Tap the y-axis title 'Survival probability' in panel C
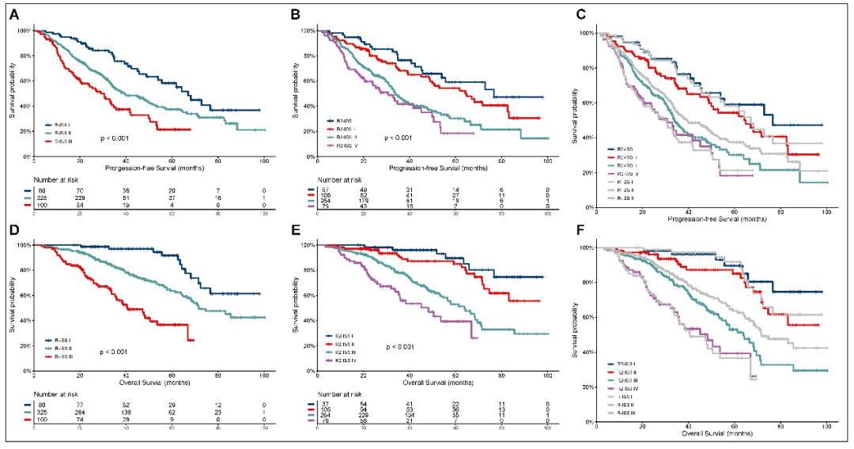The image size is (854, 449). click(x=580, y=119)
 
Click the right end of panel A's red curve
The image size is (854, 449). click(x=190, y=129)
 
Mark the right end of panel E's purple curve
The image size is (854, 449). click(x=478, y=338)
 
